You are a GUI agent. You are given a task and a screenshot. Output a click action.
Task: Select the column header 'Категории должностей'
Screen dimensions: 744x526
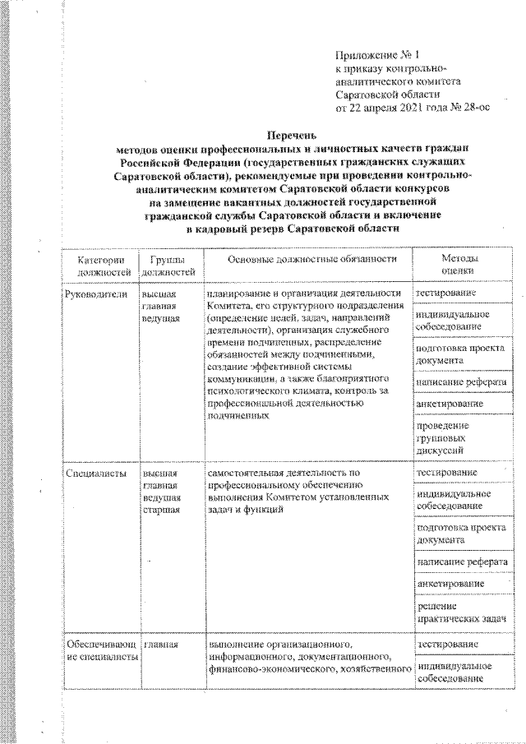[x=103, y=265]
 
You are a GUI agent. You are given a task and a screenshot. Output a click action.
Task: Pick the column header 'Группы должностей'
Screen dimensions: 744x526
[x=168, y=265]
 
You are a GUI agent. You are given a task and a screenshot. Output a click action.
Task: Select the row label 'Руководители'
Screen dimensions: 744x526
[x=96, y=293]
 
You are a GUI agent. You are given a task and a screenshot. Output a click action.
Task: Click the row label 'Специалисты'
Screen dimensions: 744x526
[x=95, y=474]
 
